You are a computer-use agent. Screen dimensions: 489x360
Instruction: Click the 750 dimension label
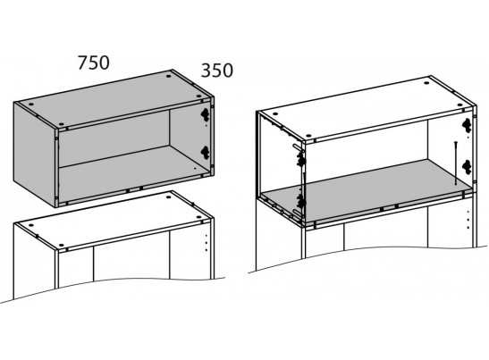pyautogui.click(x=94, y=63)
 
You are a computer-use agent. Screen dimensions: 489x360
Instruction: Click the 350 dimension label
pyautogui.click(x=217, y=71)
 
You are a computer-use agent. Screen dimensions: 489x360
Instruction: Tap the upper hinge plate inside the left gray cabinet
pyautogui.click(x=205, y=114)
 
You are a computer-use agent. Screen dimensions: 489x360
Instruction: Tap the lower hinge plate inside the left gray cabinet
pyautogui.click(x=205, y=152)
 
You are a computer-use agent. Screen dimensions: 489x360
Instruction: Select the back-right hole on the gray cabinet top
pyautogui.click(x=169, y=76)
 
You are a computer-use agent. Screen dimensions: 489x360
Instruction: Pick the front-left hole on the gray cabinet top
pyautogui.click(x=61, y=124)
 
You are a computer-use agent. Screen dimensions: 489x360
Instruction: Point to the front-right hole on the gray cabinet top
pyautogui.click(x=199, y=96)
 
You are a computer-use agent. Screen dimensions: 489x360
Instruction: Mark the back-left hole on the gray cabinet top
pyautogui.click(x=31, y=105)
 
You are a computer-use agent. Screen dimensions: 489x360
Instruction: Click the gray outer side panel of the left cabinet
pyautogui.click(x=34, y=154)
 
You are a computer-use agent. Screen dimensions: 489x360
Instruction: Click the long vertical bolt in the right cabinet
pyautogui.click(x=456, y=163)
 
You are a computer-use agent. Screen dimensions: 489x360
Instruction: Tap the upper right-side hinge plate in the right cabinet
pyautogui.click(x=467, y=125)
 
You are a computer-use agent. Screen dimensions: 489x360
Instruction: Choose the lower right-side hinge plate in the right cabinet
pyautogui.click(x=467, y=167)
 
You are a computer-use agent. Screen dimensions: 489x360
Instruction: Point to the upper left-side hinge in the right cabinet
pyautogui.click(x=300, y=159)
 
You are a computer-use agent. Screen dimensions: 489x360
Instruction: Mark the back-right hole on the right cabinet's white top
pyautogui.click(x=426, y=84)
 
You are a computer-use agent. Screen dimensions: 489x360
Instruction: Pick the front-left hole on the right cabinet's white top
pyautogui.click(x=308, y=136)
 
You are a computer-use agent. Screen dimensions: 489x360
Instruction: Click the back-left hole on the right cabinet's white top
pyautogui.click(x=275, y=113)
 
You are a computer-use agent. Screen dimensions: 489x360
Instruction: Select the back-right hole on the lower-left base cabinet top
pyautogui.click(x=169, y=197)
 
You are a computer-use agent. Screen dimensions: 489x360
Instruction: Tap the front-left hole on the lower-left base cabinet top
pyautogui.click(x=61, y=246)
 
